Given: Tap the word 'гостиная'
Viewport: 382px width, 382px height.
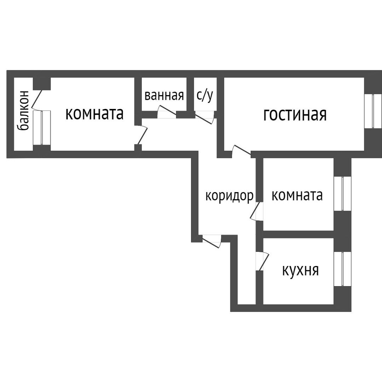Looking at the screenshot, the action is (x=295, y=115).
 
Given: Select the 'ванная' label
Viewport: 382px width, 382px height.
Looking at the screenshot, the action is (x=164, y=95).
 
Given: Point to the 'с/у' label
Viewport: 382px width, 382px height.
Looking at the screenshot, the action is (x=205, y=95).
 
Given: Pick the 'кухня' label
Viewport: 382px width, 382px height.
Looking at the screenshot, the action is (x=300, y=270).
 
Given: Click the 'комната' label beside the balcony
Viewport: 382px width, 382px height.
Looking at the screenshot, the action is (x=94, y=114).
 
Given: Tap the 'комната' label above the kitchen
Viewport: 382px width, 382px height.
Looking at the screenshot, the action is (x=297, y=195).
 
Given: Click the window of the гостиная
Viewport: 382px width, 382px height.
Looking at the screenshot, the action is (x=373, y=111).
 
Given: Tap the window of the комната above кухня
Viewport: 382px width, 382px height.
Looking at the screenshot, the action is (x=342, y=193).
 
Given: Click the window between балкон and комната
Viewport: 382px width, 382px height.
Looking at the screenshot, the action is (x=42, y=127).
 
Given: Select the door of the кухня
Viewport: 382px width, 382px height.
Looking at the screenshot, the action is (x=262, y=260).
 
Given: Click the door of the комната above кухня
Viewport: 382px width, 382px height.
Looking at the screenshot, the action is (x=257, y=211).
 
